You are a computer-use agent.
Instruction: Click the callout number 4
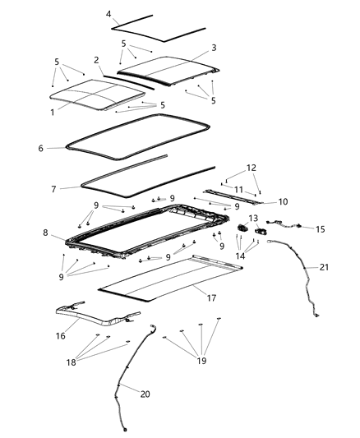(110, 14)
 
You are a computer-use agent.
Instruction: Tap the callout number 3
(214, 48)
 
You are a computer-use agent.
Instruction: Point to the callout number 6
(39, 148)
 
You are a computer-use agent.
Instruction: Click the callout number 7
(53, 189)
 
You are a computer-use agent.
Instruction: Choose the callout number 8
(46, 233)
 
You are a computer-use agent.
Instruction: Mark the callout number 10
(284, 201)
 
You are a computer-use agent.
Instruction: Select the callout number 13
(254, 218)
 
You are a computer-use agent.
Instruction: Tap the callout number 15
(321, 229)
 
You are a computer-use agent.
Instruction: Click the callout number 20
(145, 394)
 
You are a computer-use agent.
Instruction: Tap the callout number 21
(324, 268)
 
